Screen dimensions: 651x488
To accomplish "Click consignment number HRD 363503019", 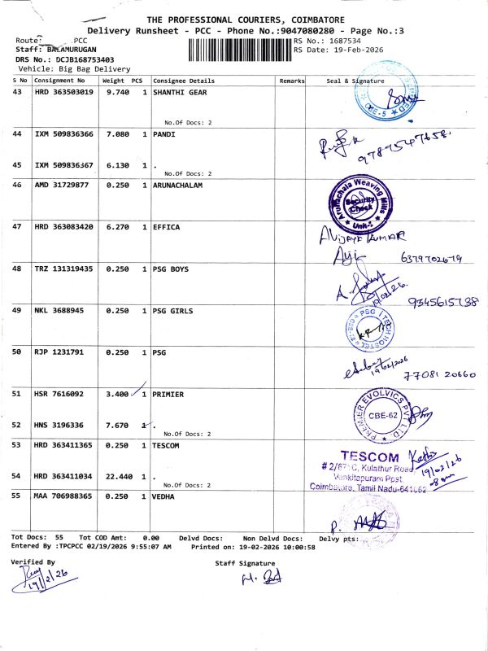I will point(64,93).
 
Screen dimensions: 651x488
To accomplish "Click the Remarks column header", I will point(291,81).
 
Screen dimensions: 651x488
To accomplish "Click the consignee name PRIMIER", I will point(168,394).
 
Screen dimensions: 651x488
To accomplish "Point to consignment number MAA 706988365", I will point(64,496).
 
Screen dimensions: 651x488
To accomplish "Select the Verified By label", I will point(33,562).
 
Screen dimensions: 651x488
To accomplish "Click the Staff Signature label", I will point(245,563).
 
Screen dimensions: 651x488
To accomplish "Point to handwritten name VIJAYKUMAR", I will point(353,240).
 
